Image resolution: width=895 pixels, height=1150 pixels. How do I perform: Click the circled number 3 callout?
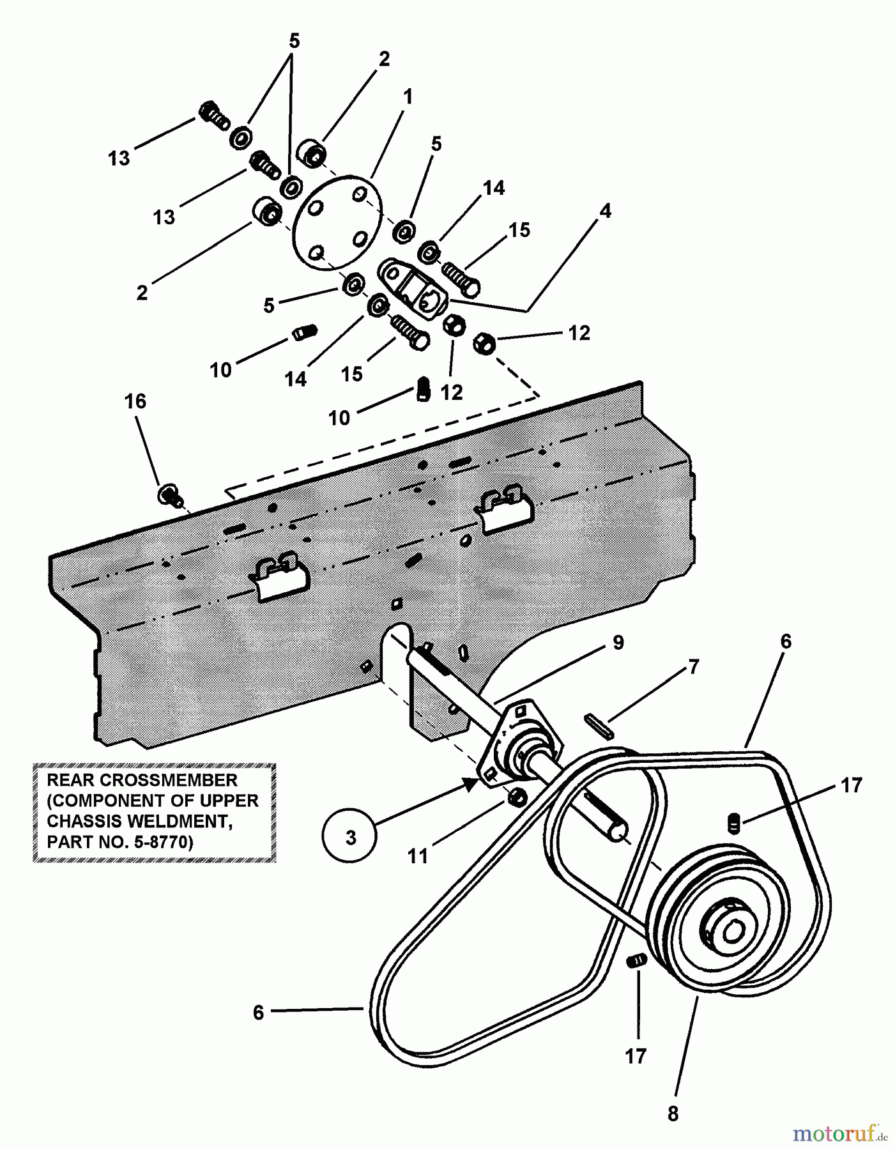pos(351,837)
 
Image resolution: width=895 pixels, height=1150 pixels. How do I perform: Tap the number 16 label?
pos(135,402)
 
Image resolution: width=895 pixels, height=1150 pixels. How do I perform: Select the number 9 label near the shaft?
pos(618,643)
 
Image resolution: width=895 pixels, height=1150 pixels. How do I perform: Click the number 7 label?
pos(694,667)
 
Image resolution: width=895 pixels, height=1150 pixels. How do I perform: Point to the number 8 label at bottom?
pos(673,1114)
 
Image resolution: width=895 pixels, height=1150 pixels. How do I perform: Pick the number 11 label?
pos(417,856)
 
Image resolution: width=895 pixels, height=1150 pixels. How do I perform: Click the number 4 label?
pos(605,210)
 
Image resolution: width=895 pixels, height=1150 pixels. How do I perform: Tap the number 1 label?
pos(408,97)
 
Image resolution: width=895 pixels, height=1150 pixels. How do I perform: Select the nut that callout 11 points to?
pos(516,797)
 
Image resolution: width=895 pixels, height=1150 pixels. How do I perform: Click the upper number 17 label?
pos(852,785)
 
